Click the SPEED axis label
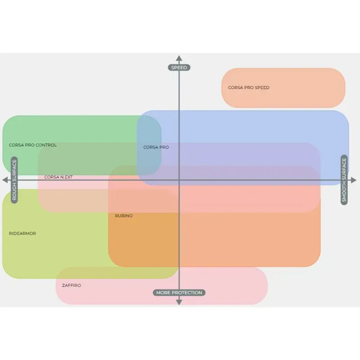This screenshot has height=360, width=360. pos(179,67)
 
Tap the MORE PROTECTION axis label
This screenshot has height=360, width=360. pos(179,292)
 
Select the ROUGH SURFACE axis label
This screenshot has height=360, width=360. pos(14,180)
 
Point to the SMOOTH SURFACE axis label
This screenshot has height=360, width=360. pos(344,180)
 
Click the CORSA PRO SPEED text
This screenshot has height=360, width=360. pos(248,88)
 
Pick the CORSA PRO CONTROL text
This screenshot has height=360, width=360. pos(33,145)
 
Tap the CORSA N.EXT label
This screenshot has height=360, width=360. pos(58,177)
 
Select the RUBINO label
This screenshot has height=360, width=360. pos(124,216)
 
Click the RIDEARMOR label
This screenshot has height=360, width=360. pos(22,234)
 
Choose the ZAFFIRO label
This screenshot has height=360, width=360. pos(72,285)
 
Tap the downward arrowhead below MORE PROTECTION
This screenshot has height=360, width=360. pos(179,302)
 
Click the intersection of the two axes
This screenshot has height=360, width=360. pos(179,180)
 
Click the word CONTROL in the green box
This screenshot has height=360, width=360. pos(47,145)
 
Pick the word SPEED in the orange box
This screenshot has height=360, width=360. pos(262,88)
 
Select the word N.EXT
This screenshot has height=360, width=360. pos(66,177)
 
